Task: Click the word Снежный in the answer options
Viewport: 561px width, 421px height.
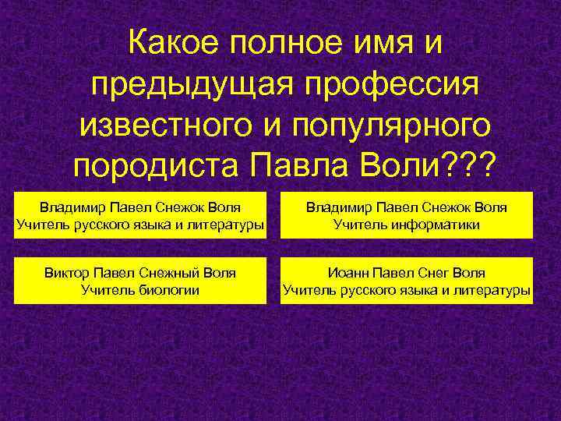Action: tap(171, 273)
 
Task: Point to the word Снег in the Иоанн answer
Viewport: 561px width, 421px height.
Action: tap(433, 273)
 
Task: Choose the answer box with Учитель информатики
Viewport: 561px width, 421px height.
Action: tap(406, 216)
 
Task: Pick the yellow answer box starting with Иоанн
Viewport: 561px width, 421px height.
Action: tap(406, 281)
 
